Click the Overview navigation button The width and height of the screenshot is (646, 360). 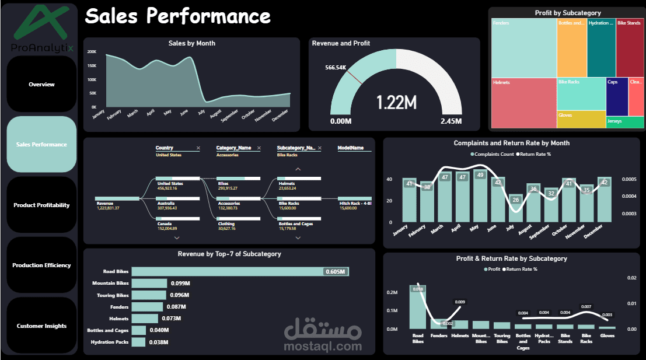click(x=41, y=84)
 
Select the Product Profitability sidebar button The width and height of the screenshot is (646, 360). click(x=41, y=205)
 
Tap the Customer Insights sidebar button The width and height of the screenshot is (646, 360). click(x=41, y=326)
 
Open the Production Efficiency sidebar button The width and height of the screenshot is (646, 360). click(x=41, y=265)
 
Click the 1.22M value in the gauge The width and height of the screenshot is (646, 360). click(x=396, y=103)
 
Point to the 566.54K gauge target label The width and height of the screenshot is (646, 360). click(x=336, y=68)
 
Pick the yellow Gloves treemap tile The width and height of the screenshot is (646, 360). click(x=581, y=119)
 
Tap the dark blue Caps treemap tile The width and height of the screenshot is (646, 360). click(x=617, y=97)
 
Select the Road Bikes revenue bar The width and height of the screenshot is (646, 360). click(x=239, y=271)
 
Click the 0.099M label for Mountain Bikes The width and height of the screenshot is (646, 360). click(x=180, y=284)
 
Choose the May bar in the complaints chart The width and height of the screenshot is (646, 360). click(x=480, y=195)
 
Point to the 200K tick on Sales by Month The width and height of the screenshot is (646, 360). click(x=92, y=51)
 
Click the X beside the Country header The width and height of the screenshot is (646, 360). click(x=198, y=148)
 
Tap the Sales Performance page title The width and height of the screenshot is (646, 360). click(x=177, y=16)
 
